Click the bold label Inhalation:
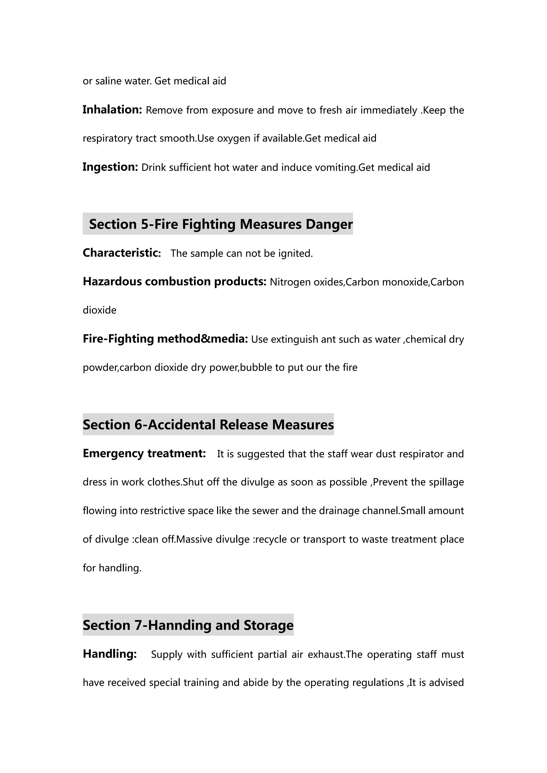pos(112,110)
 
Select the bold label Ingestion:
pos(110,167)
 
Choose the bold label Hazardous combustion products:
pos(175,281)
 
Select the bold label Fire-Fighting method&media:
pos(165,339)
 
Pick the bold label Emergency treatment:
pos(144,453)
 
